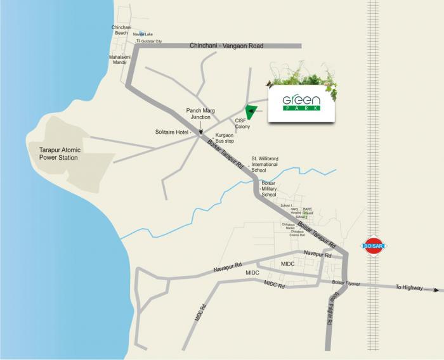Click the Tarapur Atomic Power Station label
click(54, 153)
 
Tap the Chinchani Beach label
click(121, 30)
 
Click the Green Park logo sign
click(301, 103)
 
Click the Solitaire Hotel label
click(173, 132)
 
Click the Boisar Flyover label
click(346, 284)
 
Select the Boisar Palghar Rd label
click(331, 309)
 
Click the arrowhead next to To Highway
click(437, 290)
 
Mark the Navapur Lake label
click(143, 34)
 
